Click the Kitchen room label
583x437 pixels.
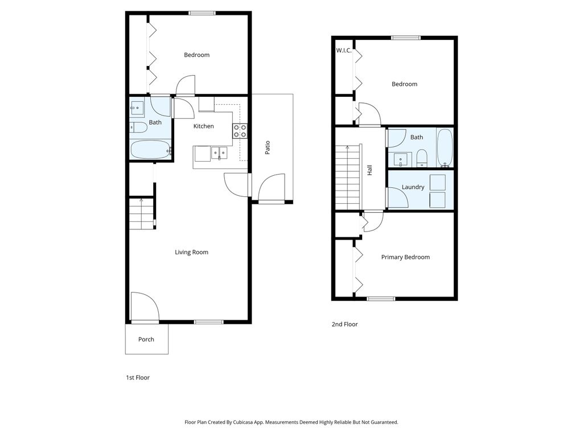point(203,126)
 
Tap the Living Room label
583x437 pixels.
point(191,252)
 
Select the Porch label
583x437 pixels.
point(146,339)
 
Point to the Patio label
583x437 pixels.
point(268,147)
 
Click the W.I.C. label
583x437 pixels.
point(343,51)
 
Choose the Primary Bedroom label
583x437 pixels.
point(405,257)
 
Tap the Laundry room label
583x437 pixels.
point(413,187)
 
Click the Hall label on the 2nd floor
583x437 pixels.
point(369,170)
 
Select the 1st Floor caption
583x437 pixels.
point(138,378)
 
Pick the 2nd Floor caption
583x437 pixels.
point(344,324)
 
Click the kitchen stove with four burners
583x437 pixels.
point(240,131)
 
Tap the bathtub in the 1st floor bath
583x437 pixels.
point(150,150)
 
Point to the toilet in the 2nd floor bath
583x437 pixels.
point(422,158)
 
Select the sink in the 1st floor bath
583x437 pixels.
point(137,109)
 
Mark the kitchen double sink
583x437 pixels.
point(219,152)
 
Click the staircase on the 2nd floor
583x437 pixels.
point(348,178)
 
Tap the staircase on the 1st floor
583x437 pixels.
point(142,214)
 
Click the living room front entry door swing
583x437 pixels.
point(145,307)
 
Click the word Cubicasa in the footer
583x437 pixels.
point(243,422)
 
